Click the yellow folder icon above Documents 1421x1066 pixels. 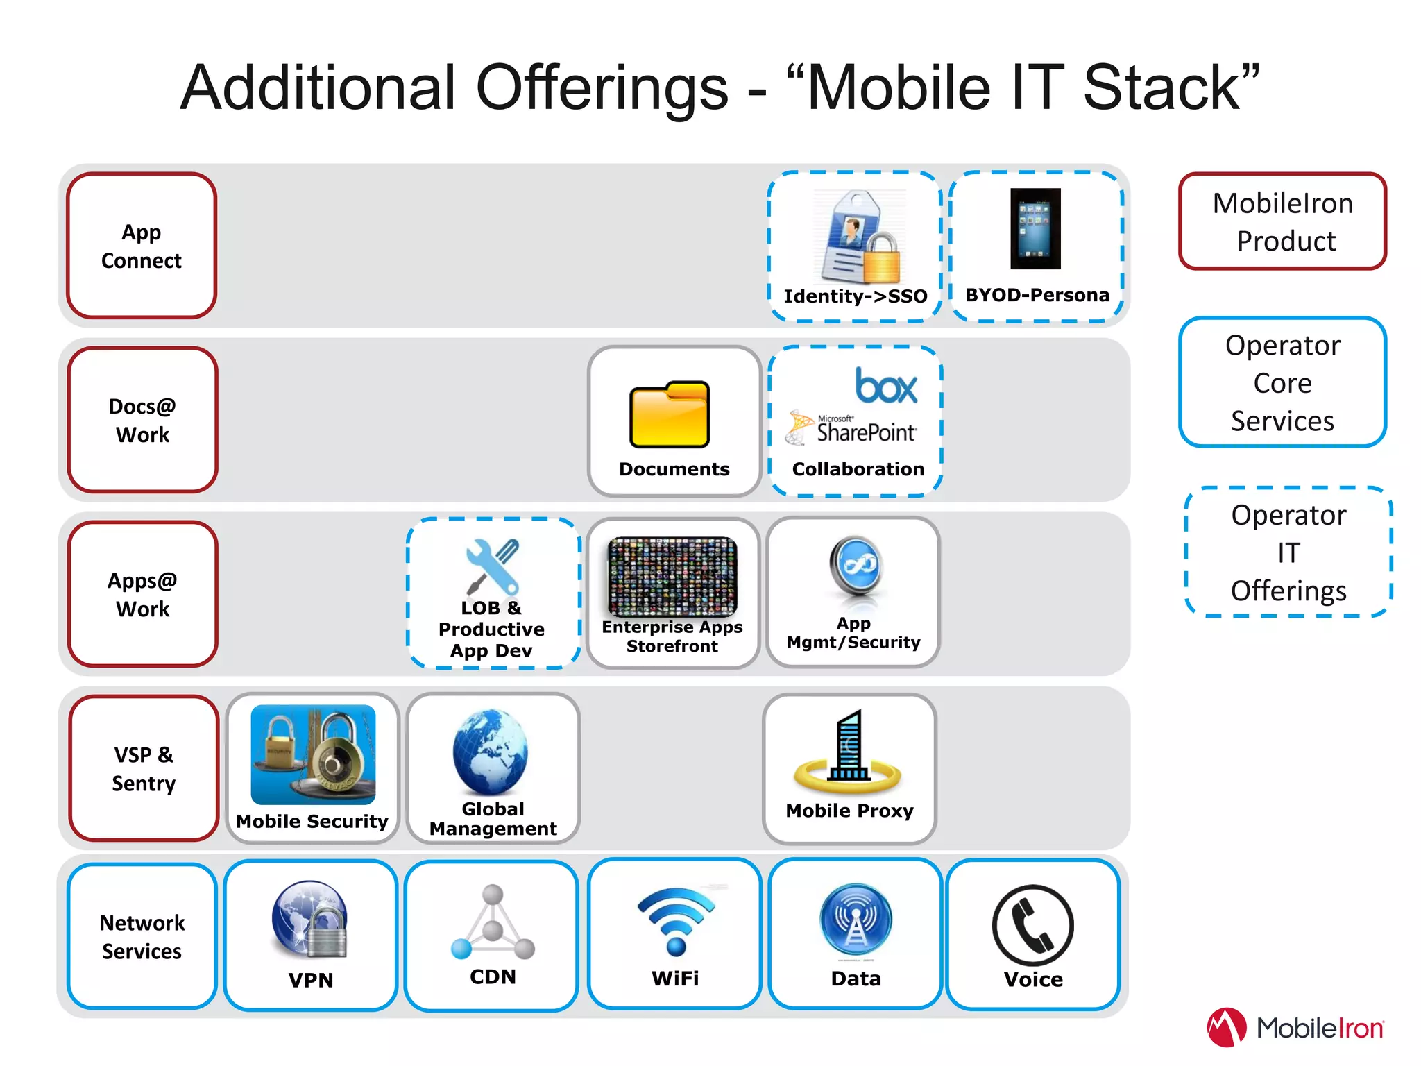pos(670,414)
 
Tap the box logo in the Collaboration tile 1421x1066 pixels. pos(886,386)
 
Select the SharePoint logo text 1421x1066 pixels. pos(866,432)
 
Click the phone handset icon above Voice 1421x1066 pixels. pos(1032,925)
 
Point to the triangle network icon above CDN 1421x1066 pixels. pos(493,923)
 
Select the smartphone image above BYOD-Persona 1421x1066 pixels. pos(1035,228)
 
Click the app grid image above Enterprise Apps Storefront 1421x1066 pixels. pos(672,576)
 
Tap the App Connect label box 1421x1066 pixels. pos(142,246)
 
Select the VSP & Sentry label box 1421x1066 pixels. pos(144,768)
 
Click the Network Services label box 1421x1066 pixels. pos(142,936)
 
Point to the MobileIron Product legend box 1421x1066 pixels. pos(1282,221)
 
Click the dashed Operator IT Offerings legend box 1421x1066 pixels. pos(1288,552)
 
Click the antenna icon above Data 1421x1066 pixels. pos(856,920)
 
